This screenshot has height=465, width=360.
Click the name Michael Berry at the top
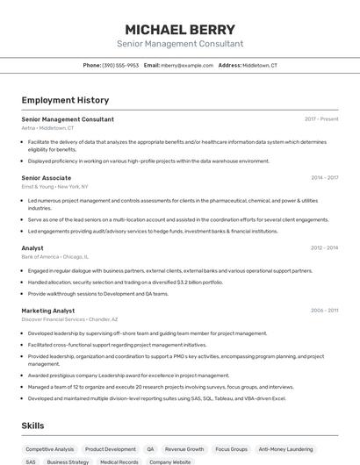click(x=180, y=29)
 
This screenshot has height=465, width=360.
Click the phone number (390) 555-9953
click(x=120, y=65)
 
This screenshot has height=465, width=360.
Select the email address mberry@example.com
click(x=186, y=65)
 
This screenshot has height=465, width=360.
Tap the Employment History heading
click(x=65, y=100)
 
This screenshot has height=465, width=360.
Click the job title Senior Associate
click(x=47, y=177)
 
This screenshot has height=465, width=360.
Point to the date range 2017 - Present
click(x=321, y=118)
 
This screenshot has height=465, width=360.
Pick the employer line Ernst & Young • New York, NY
click(x=54, y=186)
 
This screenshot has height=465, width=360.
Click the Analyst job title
click(x=32, y=248)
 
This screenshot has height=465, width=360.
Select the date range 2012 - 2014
click(x=324, y=248)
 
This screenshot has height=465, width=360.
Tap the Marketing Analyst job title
click(x=48, y=311)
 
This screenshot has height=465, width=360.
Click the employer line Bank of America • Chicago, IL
click(x=54, y=257)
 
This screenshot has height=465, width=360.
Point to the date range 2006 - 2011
click(x=324, y=311)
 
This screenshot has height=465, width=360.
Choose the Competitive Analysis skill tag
click(x=50, y=448)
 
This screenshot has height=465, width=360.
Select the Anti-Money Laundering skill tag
click(x=286, y=448)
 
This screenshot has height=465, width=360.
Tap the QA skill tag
click(x=150, y=448)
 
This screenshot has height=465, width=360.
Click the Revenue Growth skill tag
click(x=184, y=448)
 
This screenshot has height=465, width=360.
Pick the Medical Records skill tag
click(x=119, y=461)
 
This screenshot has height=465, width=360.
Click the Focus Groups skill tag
click(x=231, y=448)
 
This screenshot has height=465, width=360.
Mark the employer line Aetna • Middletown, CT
click(x=47, y=127)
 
